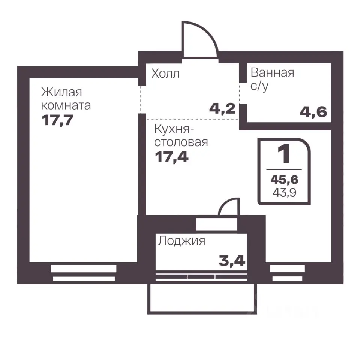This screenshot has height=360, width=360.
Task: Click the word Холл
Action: pos(165,73)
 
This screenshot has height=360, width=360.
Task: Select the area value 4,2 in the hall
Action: pos(222,109)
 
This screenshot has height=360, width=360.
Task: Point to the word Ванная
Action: pos(272,72)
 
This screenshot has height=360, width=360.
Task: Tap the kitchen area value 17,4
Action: pos(171,156)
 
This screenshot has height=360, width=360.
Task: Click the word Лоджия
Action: pos(181,240)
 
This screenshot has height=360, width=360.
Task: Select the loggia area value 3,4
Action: pos(232,260)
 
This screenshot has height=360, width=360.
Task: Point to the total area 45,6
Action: pos(285,180)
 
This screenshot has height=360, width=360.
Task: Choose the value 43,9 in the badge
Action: pos(285,194)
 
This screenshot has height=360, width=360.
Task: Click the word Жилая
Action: pos(61,92)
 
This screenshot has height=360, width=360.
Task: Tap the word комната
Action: pos(66,105)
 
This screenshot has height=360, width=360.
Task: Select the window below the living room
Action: pos(83,273)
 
